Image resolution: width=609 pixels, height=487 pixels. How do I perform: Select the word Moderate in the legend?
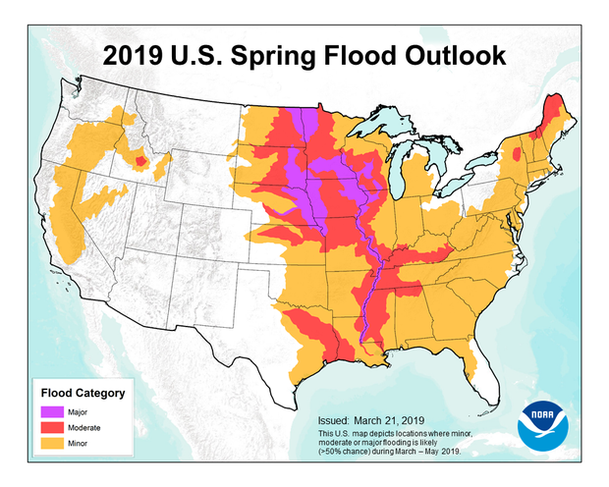(87, 429)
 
